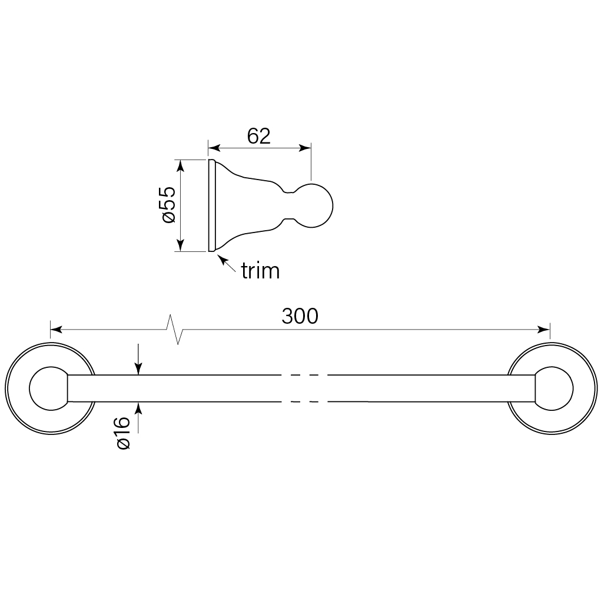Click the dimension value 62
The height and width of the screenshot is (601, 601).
(x=258, y=136)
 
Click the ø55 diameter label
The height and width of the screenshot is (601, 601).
(x=168, y=205)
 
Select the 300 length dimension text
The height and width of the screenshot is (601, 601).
(x=300, y=316)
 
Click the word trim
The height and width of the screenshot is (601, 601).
(x=260, y=271)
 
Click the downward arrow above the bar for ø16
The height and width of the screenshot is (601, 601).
(x=138, y=367)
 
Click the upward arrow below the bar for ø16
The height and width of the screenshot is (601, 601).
(x=138, y=409)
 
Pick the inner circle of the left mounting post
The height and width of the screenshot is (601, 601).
(x=47, y=389)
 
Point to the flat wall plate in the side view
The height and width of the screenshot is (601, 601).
(x=210, y=205)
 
